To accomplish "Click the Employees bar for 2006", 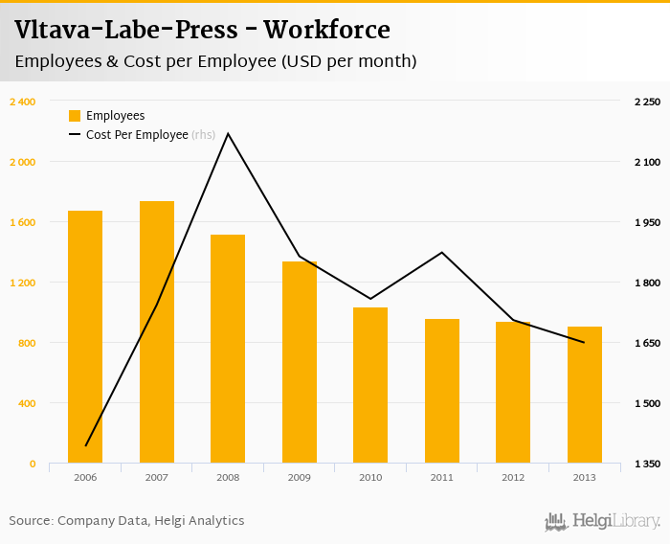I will click(x=85, y=337).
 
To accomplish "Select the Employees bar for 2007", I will click(x=157, y=332).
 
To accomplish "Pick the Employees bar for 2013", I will click(x=585, y=395).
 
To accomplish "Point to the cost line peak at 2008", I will click(x=228, y=133).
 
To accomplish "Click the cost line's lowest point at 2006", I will click(x=85, y=445).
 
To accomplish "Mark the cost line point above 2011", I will click(x=442, y=253).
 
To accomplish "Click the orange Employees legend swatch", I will click(x=75, y=116).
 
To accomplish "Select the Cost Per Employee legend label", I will click(x=137, y=135).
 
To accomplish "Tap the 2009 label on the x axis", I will click(x=299, y=477).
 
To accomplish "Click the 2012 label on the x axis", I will click(x=513, y=477).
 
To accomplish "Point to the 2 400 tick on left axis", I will click(x=22, y=102).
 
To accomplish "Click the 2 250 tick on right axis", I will click(x=647, y=102).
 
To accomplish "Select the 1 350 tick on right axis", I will click(x=647, y=464).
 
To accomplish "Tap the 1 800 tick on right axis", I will click(x=647, y=283).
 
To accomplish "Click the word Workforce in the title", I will click(x=326, y=30).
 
